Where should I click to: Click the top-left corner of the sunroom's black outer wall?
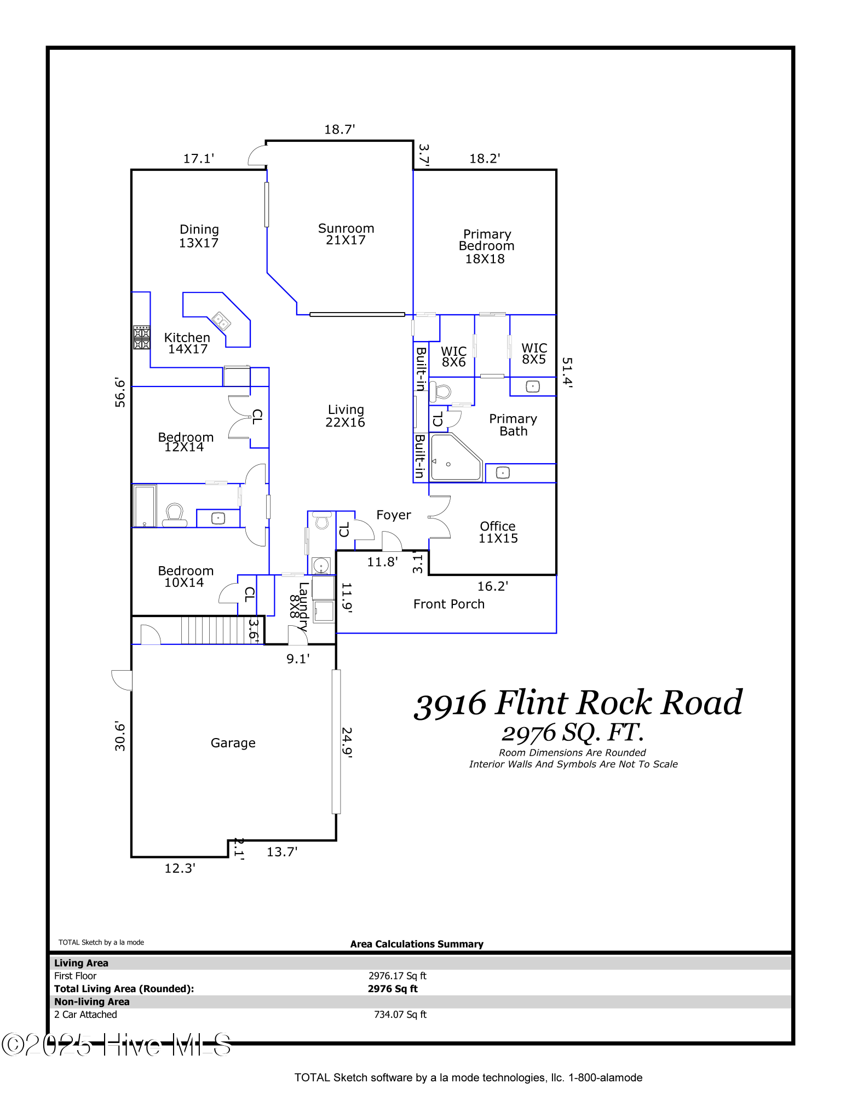point(266,141)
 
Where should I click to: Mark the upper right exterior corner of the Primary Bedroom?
point(556,170)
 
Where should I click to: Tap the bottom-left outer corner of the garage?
point(131,857)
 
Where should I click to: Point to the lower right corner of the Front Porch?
point(556,633)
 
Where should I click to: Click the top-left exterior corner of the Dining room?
point(131,170)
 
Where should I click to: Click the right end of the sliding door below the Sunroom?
point(405,314)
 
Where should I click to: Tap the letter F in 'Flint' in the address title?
point(507,702)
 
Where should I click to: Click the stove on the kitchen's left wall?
point(142,337)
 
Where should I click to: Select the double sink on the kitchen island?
point(221,321)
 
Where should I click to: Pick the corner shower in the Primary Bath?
point(456,457)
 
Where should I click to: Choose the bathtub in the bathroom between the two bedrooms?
point(145,505)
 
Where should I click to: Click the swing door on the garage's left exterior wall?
point(122,680)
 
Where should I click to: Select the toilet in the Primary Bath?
point(440,392)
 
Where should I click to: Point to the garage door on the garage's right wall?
point(336,741)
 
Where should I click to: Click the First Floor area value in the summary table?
point(397,976)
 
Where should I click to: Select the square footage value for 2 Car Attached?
point(400,1015)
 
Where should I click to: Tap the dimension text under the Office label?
point(498,539)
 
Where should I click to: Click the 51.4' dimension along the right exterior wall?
point(567,373)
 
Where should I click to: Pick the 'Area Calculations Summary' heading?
point(417,944)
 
